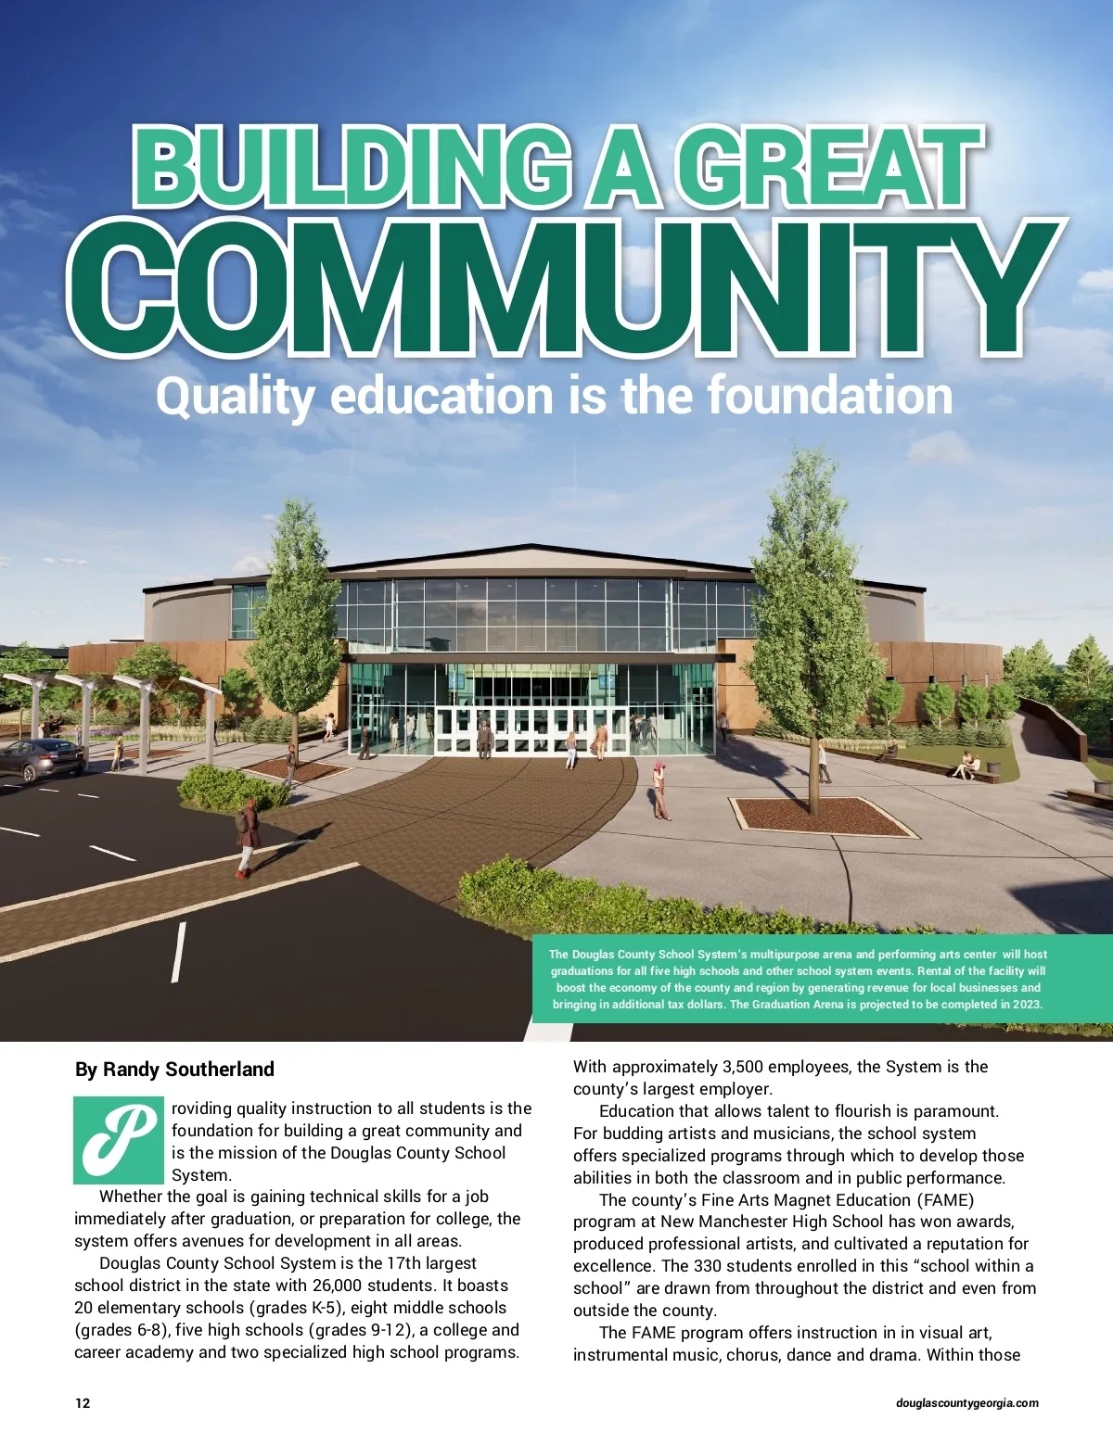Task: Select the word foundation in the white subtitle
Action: [x=830, y=396]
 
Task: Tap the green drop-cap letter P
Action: [x=119, y=1140]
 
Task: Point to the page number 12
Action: [x=83, y=1403]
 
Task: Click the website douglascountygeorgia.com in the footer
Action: [x=967, y=1403]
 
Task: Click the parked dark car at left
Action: [x=41, y=759]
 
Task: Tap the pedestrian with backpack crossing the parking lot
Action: [x=247, y=837]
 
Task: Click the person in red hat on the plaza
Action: [x=659, y=790]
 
